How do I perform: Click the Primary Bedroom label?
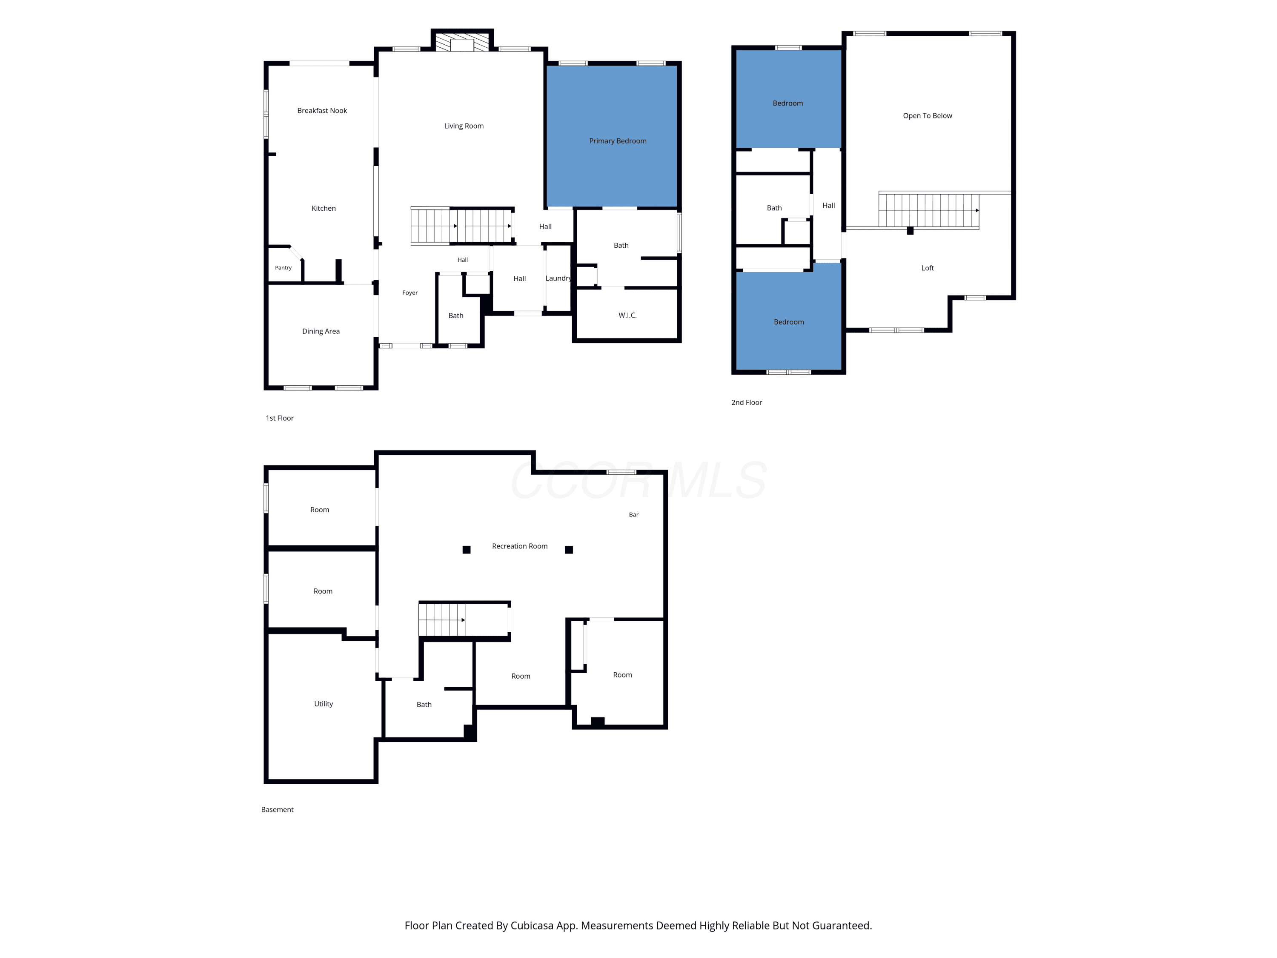pos(618,141)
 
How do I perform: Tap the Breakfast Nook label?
pos(322,110)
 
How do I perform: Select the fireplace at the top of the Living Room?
pos(462,42)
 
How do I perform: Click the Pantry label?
pos(283,267)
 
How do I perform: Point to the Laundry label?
pos(558,278)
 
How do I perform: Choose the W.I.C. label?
pos(627,316)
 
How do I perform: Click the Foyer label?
pos(410,293)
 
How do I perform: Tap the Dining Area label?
pos(321,331)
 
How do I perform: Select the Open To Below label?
pos(928,115)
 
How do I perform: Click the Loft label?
pos(928,268)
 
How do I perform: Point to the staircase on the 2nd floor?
pos(929,210)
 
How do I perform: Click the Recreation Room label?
pos(520,546)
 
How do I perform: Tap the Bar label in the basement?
pos(634,514)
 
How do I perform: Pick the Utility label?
pos(323,704)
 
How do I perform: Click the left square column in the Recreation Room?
pos(467,550)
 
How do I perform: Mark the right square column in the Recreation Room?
pos(569,550)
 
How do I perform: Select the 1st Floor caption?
pos(279,418)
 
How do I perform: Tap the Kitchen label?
pos(323,209)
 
